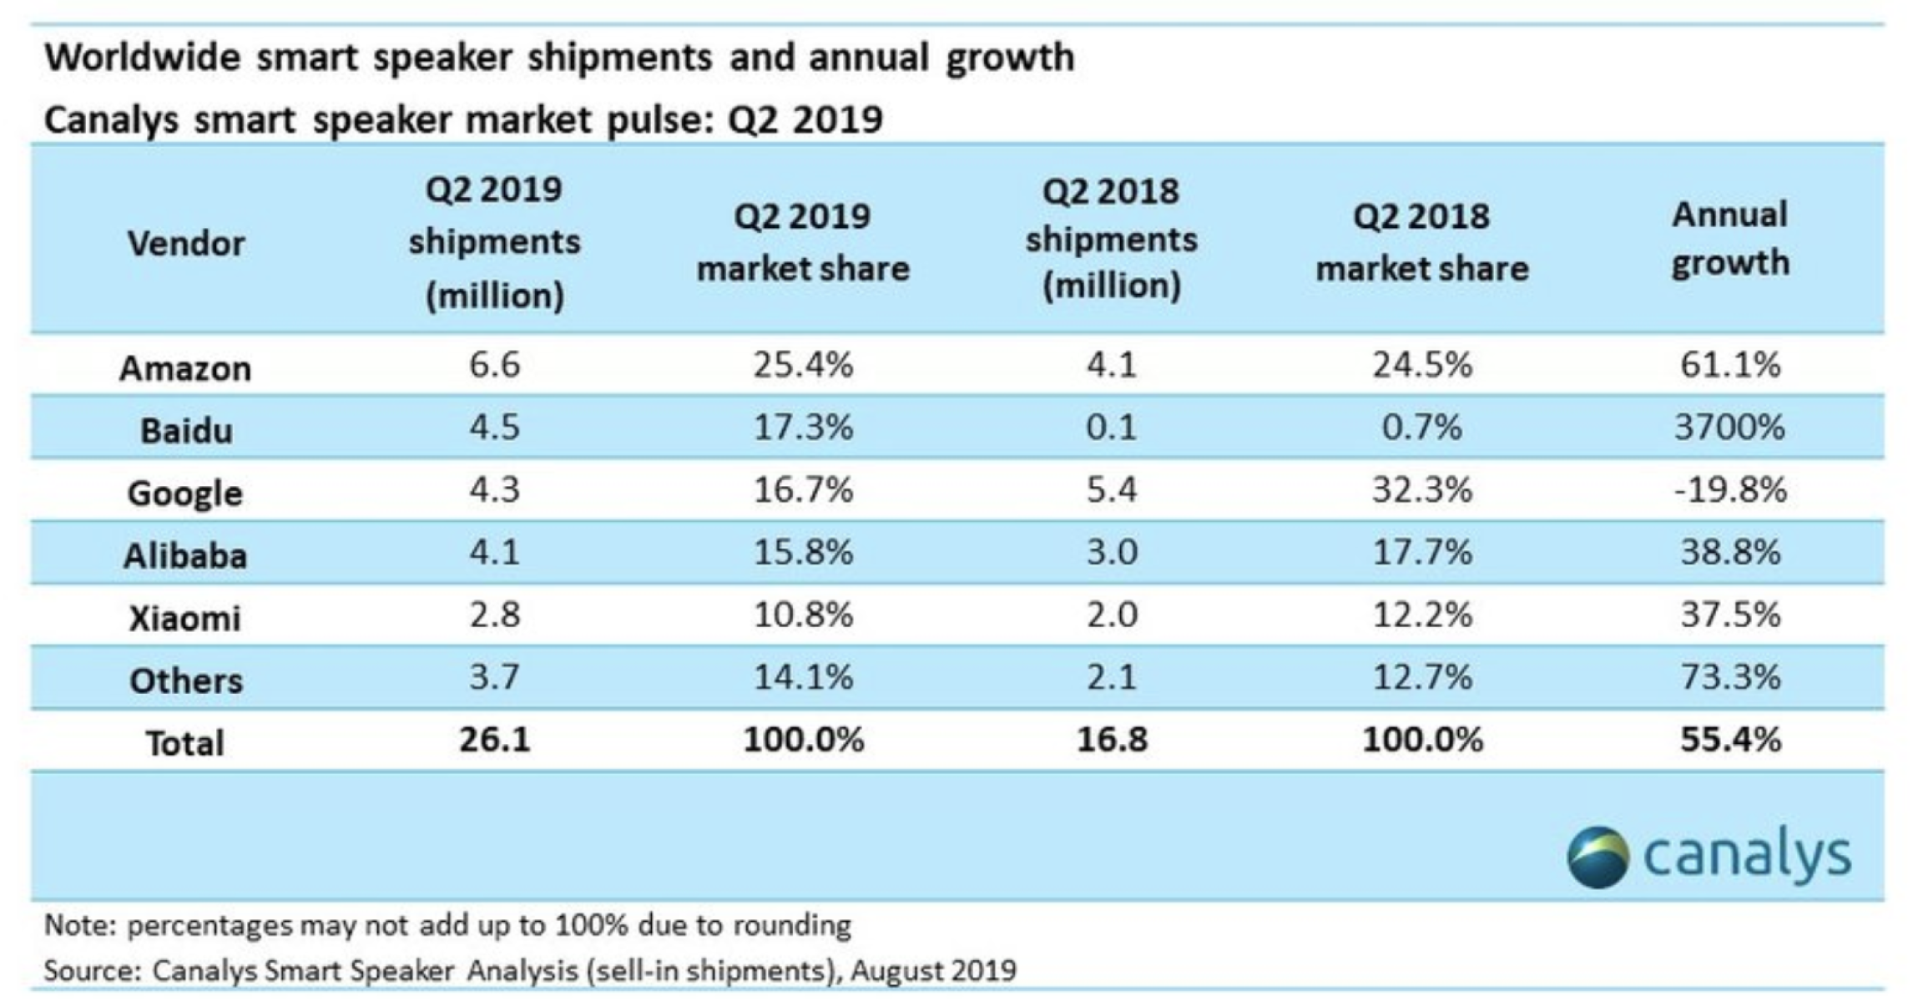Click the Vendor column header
tap(186, 244)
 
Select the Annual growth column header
tap(1730, 239)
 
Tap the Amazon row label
tap(185, 368)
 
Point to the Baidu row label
tap(186, 431)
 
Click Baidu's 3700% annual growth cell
tap(1729, 428)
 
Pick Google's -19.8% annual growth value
tap(1729, 490)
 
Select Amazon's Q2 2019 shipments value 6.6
tap(494, 365)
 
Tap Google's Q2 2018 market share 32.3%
tap(1422, 490)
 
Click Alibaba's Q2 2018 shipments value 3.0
tap(1112, 553)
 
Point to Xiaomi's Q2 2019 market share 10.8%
tap(803, 615)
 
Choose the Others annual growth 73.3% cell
tap(1729, 677)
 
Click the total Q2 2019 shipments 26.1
tap(494, 740)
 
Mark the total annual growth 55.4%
tap(1729, 740)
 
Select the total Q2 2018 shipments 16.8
tap(1112, 740)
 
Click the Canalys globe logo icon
tap(1598, 857)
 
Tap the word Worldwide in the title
tap(142, 58)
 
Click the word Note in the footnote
tap(80, 925)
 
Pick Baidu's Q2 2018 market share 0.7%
tap(1422, 428)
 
